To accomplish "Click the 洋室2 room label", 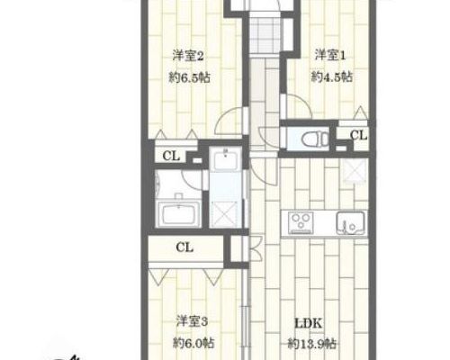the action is [x=188, y=56].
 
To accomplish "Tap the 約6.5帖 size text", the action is [x=189, y=78].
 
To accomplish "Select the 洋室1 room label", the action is [x=330, y=55].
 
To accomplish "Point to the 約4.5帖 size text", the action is [x=332, y=77].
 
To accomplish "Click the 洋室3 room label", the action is [x=192, y=321].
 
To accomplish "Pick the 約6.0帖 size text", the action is [x=193, y=343].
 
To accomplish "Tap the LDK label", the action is [x=309, y=324].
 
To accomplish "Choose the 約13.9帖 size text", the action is [x=312, y=344].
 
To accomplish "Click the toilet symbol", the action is [x=314, y=139].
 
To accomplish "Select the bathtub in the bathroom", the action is [x=179, y=213].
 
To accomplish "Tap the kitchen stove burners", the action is [x=301, y=222].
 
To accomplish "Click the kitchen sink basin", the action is [x=350, y=223].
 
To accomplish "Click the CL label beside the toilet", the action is [x=358, y=135].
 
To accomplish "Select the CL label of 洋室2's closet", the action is [x=171, y=156].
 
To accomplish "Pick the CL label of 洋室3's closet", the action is [x=184, y=247].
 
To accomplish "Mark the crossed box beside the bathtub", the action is [x=225, y=213].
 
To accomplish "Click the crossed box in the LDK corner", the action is [x=355, y=170].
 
